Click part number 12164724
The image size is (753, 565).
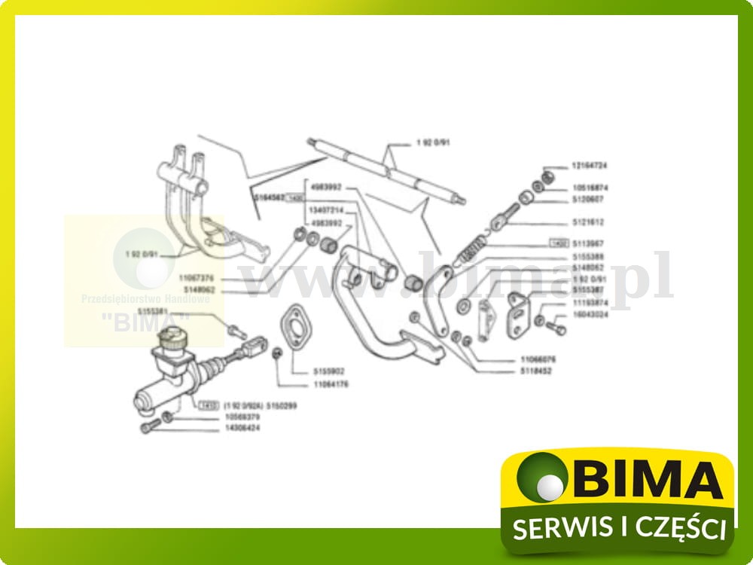590,165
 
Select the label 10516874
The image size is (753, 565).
590,188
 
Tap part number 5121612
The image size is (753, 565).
588,223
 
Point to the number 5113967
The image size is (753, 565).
588,244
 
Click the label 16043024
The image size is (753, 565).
590,314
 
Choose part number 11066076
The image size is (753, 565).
537,359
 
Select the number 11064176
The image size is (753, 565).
330,384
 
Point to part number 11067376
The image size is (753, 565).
197,278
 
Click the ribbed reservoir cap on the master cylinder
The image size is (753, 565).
173,340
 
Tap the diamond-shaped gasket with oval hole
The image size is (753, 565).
292,325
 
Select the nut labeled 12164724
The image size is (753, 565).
550,176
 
